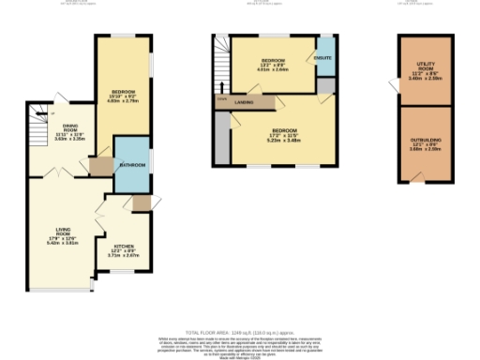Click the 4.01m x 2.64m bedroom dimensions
(x=273, y=69)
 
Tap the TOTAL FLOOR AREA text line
(x=239, y=332)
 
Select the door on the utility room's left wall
(x=397, y=83)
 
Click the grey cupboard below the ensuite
(x=324, y=85)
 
